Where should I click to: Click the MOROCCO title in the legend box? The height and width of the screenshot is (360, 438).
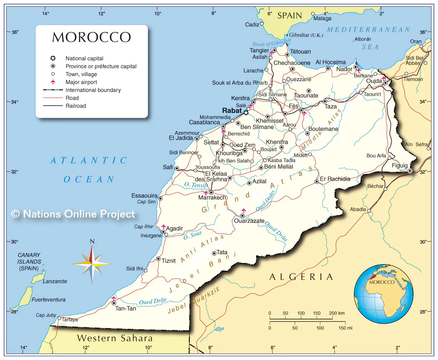92,37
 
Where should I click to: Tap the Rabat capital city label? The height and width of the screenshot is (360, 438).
232,111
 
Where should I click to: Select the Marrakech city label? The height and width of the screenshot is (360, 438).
213,198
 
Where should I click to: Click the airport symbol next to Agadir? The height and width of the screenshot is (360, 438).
164,227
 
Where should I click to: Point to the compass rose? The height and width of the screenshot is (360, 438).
92,264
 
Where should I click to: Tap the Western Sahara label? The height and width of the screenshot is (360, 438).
115,338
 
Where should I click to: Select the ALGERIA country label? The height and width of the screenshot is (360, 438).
301,277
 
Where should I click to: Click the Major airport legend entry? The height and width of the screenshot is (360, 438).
81,82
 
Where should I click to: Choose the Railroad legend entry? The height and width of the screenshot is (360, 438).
76,106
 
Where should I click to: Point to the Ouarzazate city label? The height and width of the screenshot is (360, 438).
249,221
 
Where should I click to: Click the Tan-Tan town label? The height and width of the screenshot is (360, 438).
126,309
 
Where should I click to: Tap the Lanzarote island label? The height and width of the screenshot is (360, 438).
55,281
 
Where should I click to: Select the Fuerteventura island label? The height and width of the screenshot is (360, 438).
48,300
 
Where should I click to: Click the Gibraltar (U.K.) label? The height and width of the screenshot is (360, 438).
306,35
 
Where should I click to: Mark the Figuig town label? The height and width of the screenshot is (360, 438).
400,166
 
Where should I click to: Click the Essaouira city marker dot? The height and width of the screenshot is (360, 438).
160,198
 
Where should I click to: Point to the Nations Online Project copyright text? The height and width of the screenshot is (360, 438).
73,214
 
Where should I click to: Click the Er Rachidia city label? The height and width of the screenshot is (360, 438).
335,179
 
